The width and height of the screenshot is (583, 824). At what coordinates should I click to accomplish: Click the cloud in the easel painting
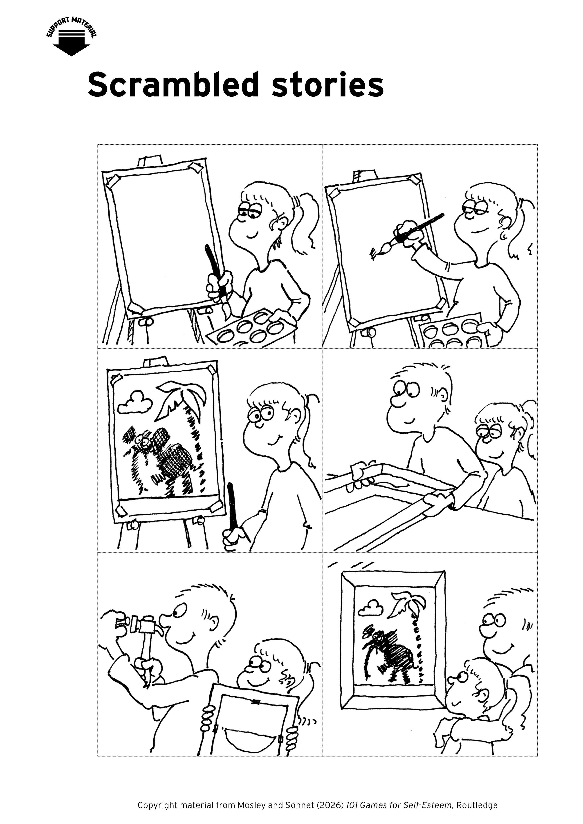(x=134, y=402)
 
